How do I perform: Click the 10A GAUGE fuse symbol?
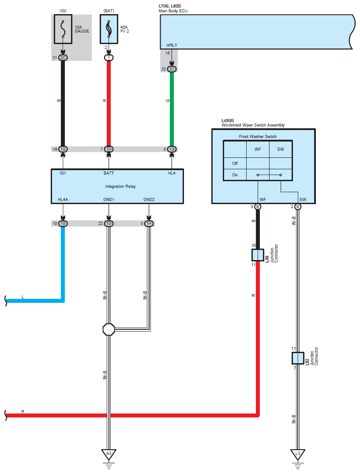click(63, 29)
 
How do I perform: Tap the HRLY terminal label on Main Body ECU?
click(172, 45)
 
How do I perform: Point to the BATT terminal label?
click(109, 173)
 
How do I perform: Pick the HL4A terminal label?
click(63, 200)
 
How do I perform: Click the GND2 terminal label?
click(149, 200)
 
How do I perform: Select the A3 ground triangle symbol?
click(109, 454)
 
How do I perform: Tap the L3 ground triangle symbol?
click(298, 454)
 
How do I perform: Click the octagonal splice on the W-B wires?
click(109, 329)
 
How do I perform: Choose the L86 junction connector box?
click(258, 255)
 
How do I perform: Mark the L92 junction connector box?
click(298, 358)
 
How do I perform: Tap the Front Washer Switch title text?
click(258, 136)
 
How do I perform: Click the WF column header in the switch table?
click(258, 149)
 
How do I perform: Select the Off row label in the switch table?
click(235, 163)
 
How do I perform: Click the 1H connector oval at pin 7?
click(109, 149)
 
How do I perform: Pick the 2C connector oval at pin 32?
click(172, 69)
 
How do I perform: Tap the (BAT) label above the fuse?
click(109, 10)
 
